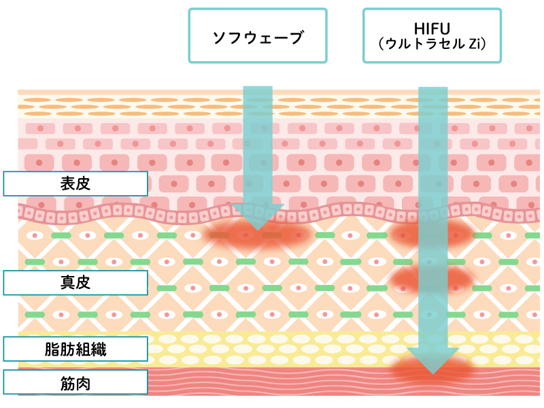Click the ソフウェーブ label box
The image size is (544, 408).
click(258, 36)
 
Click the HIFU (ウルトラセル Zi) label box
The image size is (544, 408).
click(432, 36)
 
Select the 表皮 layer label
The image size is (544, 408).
click(75, 183)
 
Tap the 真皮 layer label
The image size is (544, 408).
click(75, 283)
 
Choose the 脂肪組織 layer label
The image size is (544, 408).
click(75, 350)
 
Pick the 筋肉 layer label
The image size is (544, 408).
click(75, 383)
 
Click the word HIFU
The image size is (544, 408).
click(432, 29)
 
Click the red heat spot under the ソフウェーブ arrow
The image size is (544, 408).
click(258, 235)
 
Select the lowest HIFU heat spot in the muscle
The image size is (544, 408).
click(432, 371)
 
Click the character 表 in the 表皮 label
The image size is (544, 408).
click(67, 183)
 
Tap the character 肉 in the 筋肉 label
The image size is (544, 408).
click(84, 383)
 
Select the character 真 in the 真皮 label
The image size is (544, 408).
click(67, 283)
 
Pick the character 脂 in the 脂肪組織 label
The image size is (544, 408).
click(50, 350)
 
